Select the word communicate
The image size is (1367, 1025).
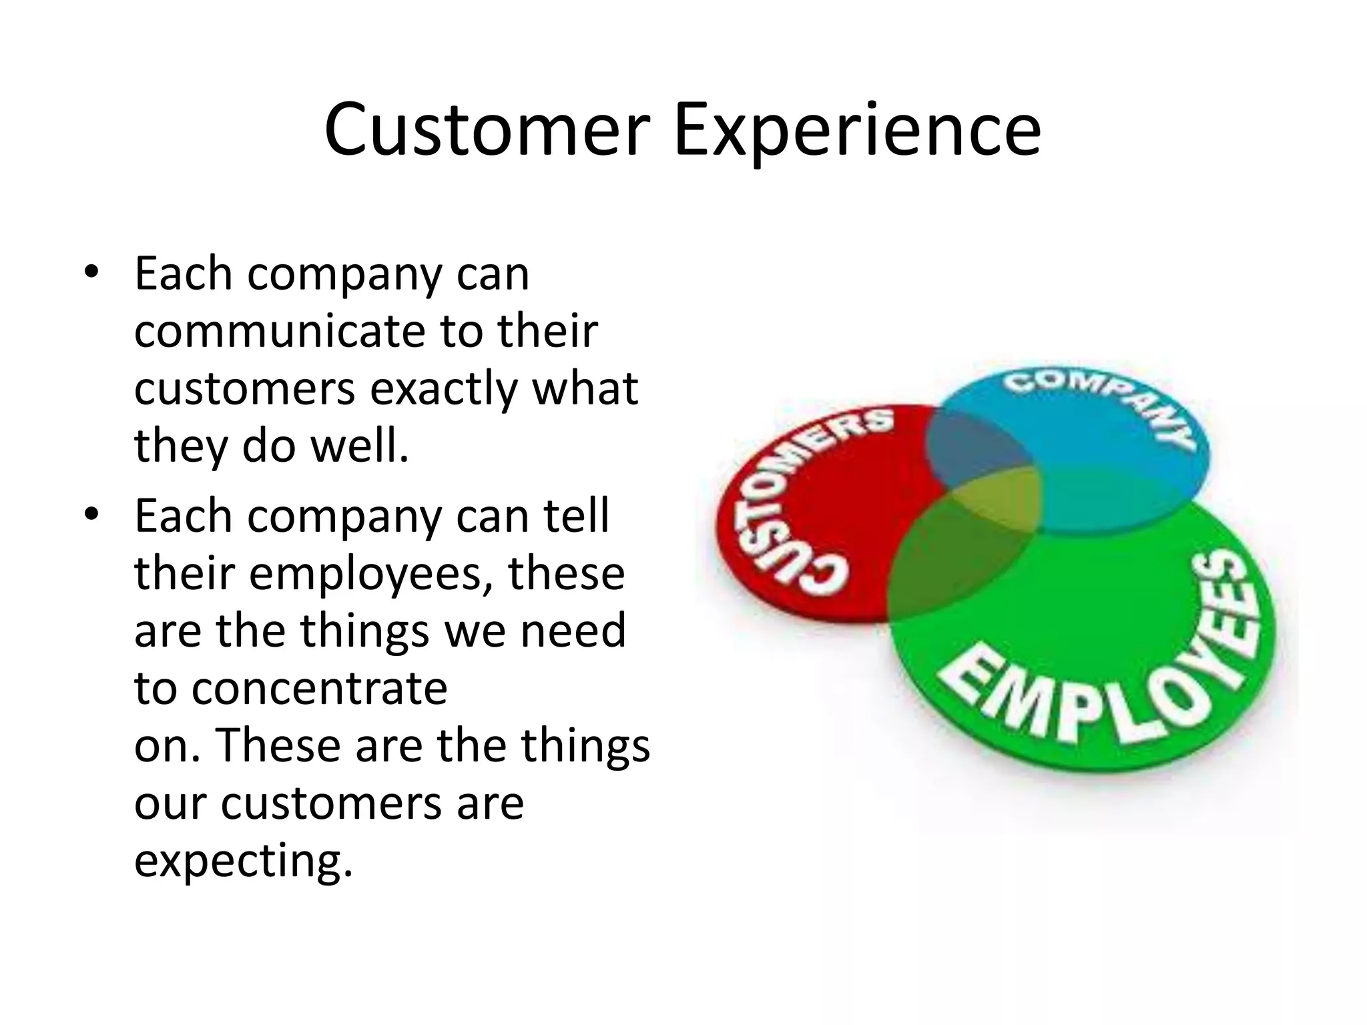coord(279,331)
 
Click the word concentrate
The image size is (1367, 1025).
coord(319,689)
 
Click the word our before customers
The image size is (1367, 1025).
coord(170,804)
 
